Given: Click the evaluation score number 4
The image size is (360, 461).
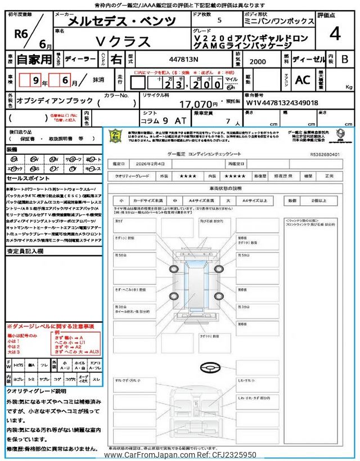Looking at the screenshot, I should point(335,34).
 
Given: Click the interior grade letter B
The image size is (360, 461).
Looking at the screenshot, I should point(345,59).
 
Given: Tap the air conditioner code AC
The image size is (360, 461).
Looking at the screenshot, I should point(303,80).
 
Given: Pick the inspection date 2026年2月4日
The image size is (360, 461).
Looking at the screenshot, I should point(152,163).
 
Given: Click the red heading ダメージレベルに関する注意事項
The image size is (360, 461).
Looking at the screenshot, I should point(51,326).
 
